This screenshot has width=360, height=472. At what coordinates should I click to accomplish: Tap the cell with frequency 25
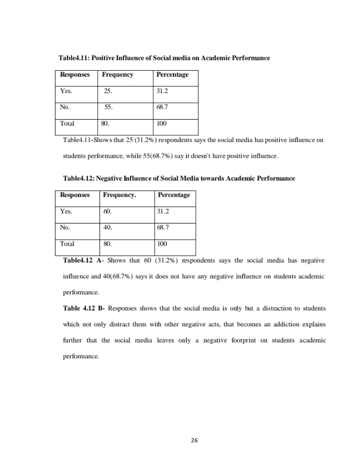(x=108, y=91)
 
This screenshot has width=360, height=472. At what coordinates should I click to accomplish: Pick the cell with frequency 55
(x=108, y=107)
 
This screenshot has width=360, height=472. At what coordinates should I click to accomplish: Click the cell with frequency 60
(x=107, y=211)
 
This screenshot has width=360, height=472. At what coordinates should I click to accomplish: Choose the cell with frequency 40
(x=107, y=227)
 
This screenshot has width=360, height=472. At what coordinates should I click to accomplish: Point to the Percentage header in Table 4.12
(x=173, y=195)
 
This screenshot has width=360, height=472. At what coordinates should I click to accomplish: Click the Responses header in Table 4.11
(x=75, y=74)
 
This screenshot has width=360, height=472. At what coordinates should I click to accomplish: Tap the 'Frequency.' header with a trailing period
(x=120, y=195)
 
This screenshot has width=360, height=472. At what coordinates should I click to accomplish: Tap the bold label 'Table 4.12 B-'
(x=84, y=308)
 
